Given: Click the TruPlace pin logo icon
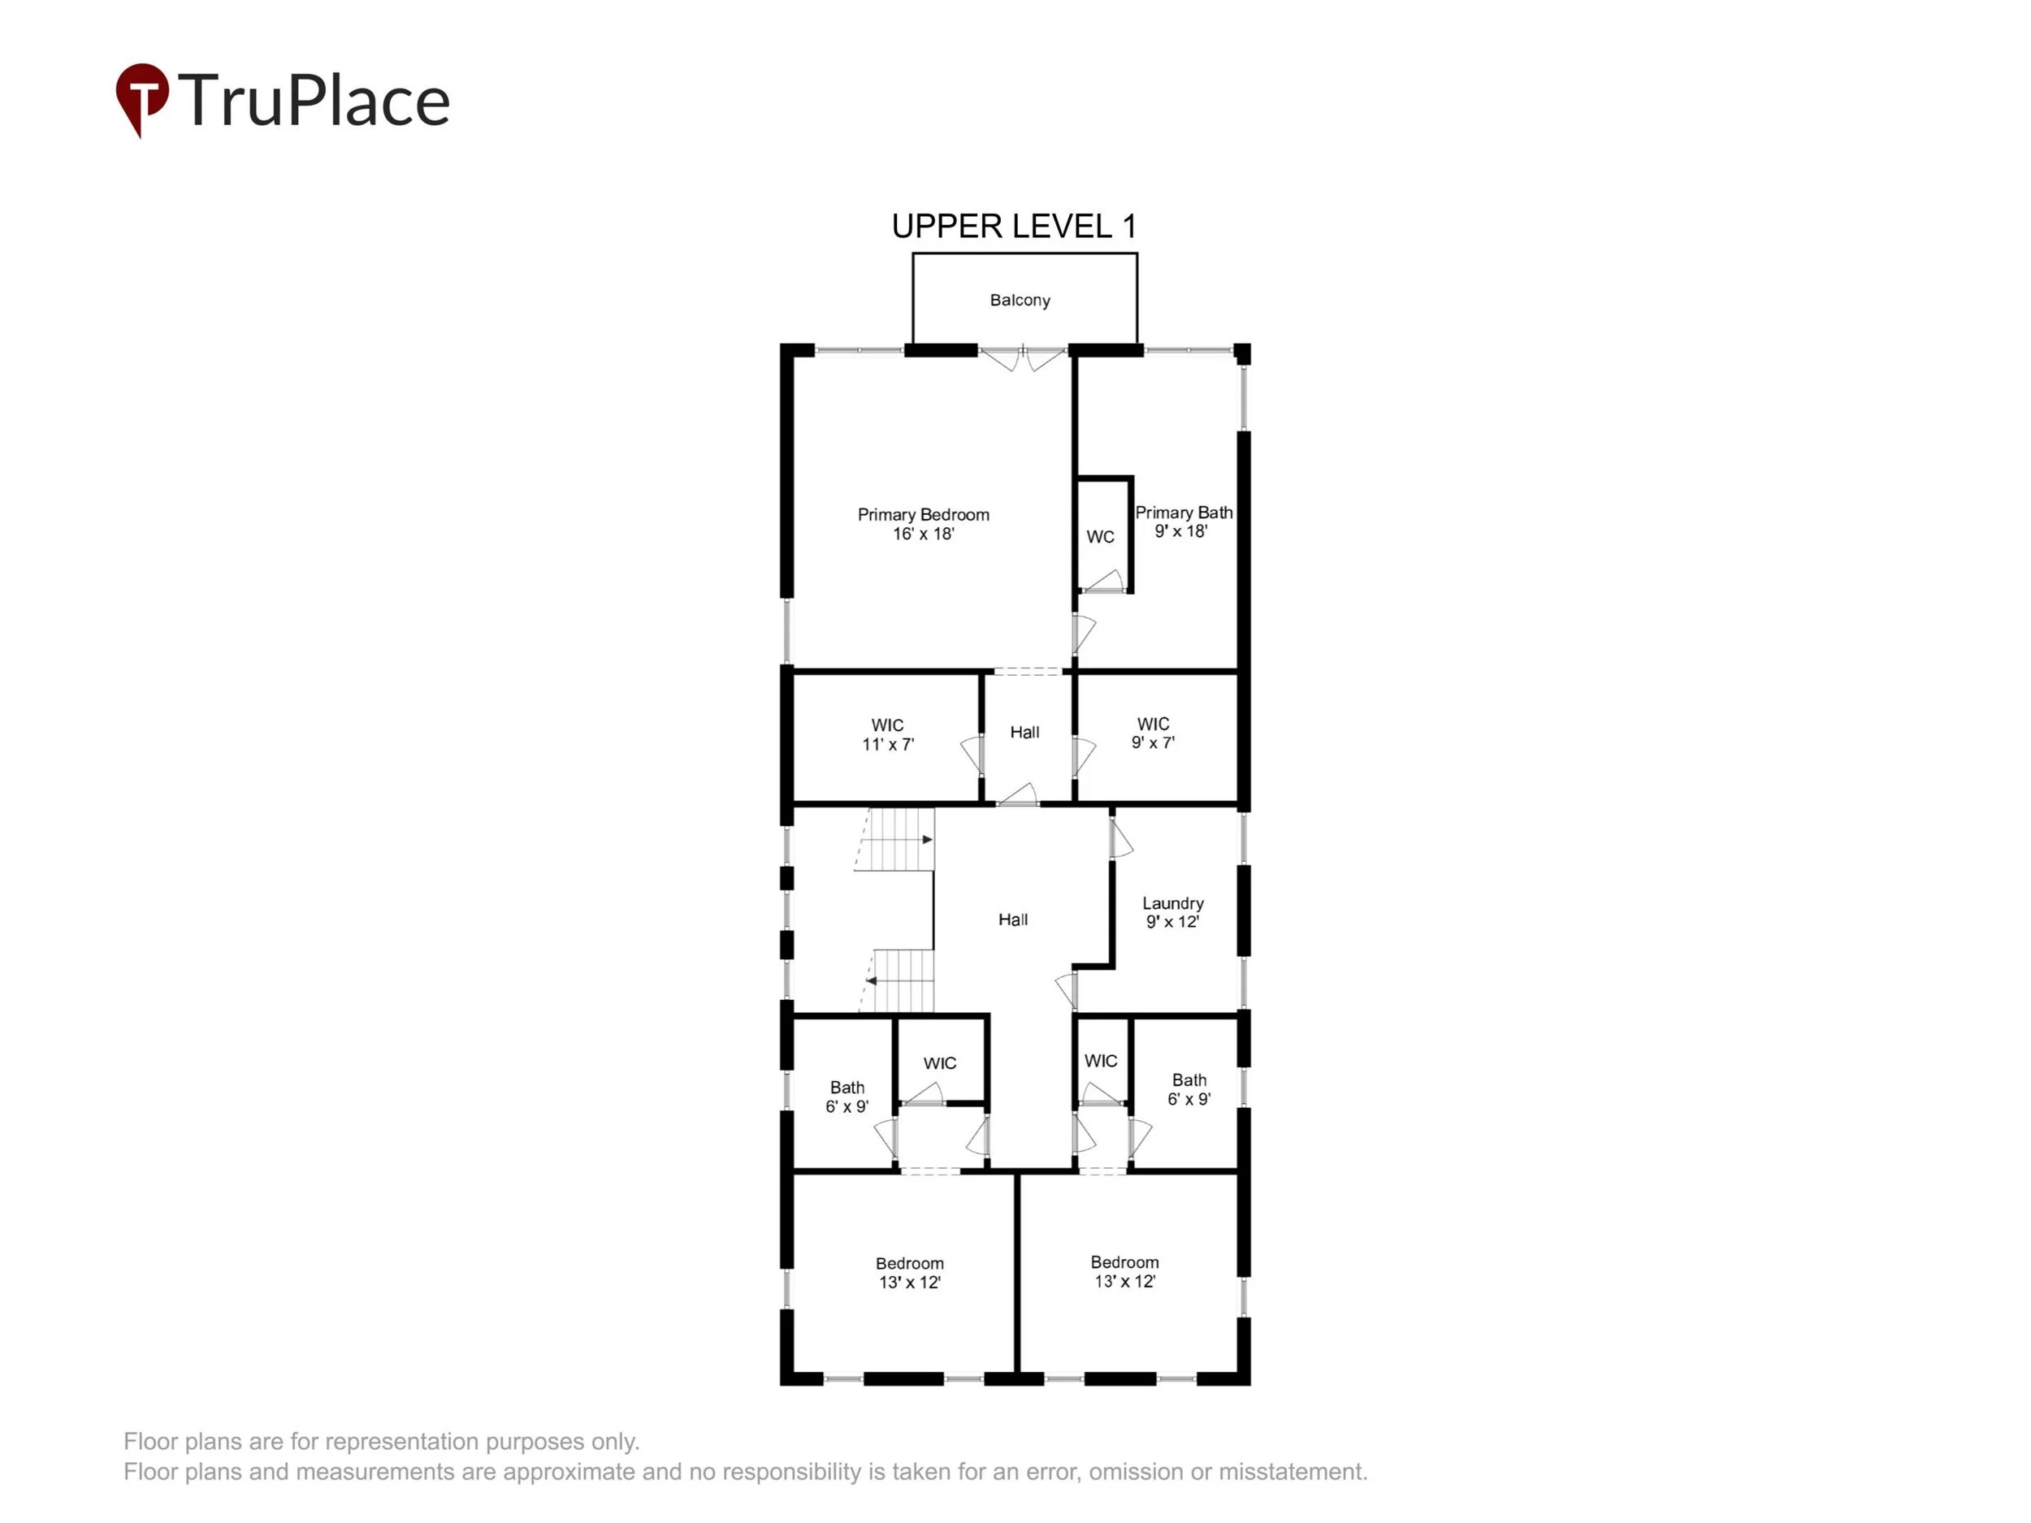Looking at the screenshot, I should (141, 97).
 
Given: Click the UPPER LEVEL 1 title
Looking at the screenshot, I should (1014, 226).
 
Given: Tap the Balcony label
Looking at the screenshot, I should (1020, 301).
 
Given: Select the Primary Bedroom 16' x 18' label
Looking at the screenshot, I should (923, 524).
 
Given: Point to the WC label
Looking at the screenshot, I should (1100, 537).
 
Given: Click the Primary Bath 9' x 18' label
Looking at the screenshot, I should (1183, 521).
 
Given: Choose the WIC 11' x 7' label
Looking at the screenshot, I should (887, 734).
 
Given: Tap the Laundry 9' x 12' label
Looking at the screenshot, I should (1172, 912).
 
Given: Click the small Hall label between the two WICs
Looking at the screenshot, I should (1024, 733).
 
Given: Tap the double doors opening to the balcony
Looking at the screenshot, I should (1022, 358).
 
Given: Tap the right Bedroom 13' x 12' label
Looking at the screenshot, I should (1124, 1271).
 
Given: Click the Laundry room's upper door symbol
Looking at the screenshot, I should (1120, 838).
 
